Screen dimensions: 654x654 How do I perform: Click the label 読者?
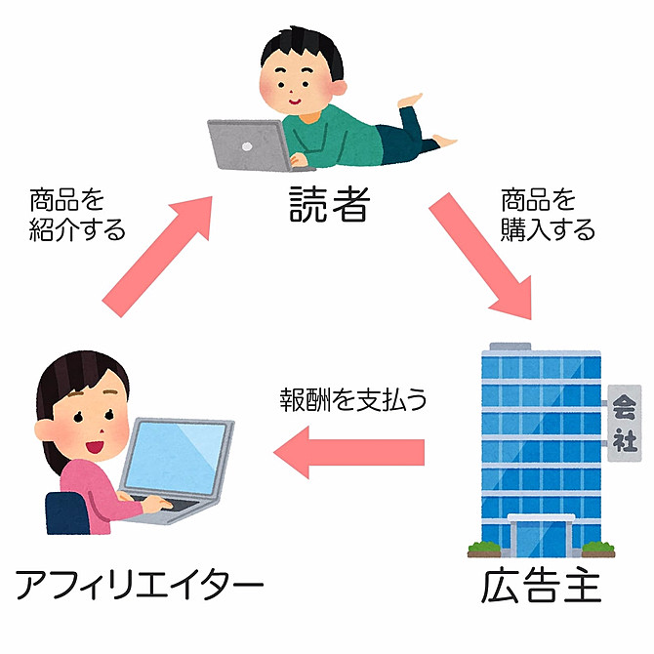click(x=330, y=204)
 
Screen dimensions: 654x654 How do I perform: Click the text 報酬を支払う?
click(x=353, y=399)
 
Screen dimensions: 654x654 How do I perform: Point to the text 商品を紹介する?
click(x=77, y=215)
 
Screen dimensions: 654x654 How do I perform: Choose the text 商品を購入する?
click(x=548, y=215)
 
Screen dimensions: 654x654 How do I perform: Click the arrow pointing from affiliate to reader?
click(x=158, y=256)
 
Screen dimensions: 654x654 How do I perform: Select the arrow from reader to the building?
click(x=480, y=256)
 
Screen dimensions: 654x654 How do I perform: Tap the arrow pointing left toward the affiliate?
click(x=348, y=452)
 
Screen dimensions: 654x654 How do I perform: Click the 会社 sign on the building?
click(x=625, y=423)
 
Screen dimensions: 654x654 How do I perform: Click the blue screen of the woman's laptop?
click(x=176, y=458)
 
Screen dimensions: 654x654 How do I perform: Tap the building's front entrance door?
click(x=541, y=538)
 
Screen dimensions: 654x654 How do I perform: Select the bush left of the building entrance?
click(x=484, y=549)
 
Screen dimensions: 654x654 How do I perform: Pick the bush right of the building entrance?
click(x=598, y=549)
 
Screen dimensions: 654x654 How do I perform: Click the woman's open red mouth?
click(x=95, y=447)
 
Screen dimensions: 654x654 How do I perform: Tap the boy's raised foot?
click(x=410, y=101)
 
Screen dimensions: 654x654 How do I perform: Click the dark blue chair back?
click(x=67, y=513)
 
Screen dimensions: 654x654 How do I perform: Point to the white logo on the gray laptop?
click(x=247, y=146)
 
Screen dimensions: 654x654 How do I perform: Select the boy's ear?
click(x=339, y=89)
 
